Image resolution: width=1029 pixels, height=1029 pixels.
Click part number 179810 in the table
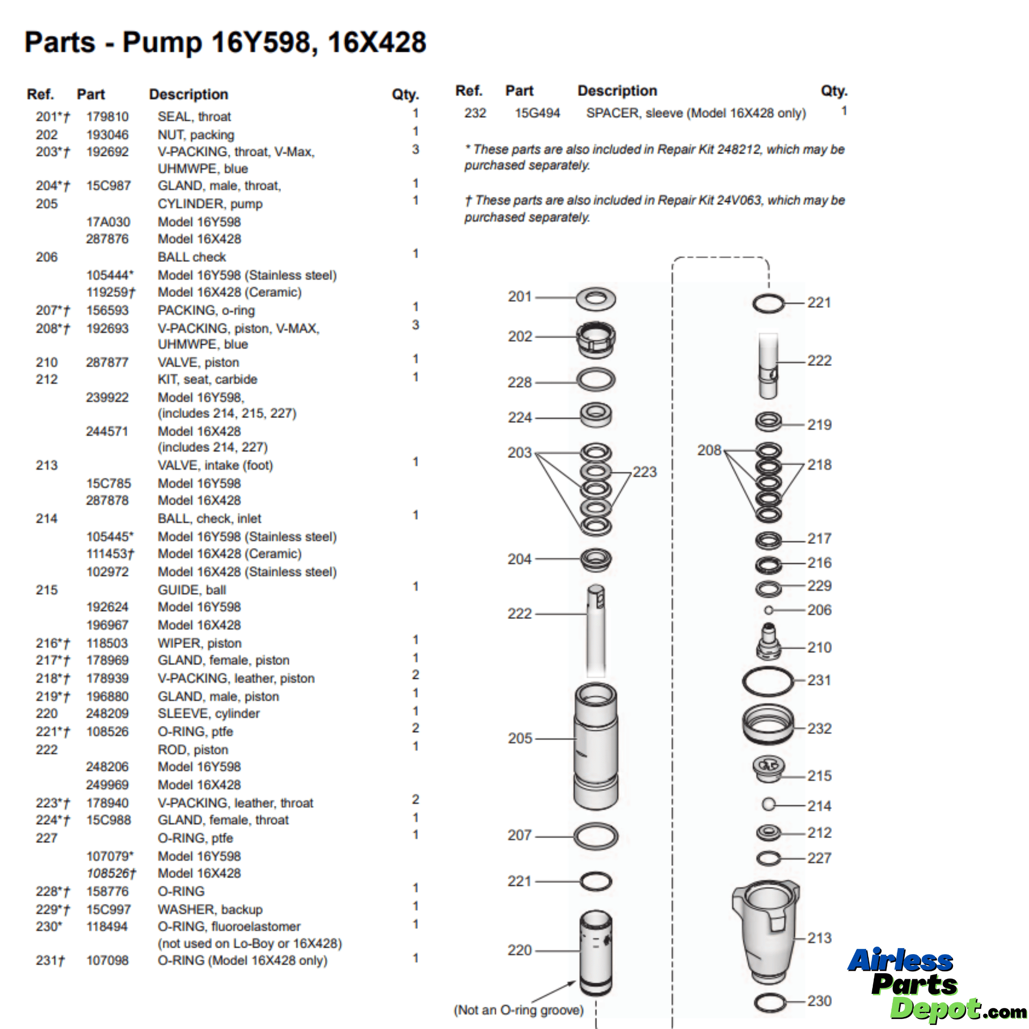[107, 117]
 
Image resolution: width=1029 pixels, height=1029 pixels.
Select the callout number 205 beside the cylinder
[520, 738]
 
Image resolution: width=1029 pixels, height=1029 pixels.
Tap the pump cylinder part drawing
[595, 746]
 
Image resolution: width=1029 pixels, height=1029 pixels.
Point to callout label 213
[818, 938]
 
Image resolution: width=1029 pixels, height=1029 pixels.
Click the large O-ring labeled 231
[768, 681]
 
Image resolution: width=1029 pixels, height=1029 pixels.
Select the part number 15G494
[537, 113]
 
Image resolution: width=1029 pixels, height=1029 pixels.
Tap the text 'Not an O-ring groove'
[518, 1010]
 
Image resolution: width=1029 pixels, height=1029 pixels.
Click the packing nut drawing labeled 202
[595, 339]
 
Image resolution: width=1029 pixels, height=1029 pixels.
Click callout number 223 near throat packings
[645, 472]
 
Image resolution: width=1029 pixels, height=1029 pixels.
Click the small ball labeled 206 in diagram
[769, 610]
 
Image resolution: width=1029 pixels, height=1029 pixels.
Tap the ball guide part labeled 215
[768, 769]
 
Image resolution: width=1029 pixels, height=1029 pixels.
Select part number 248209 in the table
[107, 713]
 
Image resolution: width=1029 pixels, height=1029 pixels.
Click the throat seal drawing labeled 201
[595, 299]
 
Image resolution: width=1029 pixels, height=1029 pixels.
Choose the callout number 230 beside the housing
[818, 1001]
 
